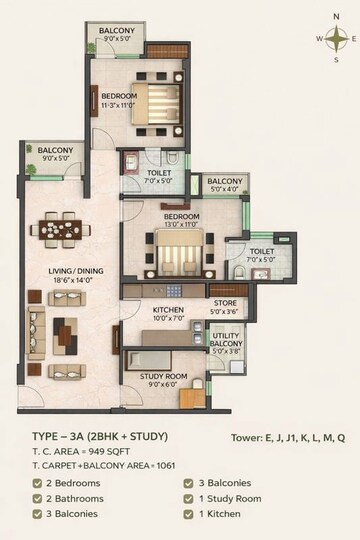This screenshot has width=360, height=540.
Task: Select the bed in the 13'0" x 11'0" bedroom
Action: (181, 252)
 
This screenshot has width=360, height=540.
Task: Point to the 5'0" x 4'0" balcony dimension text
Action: (225, 189)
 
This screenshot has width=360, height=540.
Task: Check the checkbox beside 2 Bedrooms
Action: (36, 483)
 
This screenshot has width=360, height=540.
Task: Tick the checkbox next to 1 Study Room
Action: (189, 498)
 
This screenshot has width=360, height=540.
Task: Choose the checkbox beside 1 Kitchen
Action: (189, 514)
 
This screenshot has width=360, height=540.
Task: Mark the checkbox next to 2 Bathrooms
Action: (36, 498)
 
